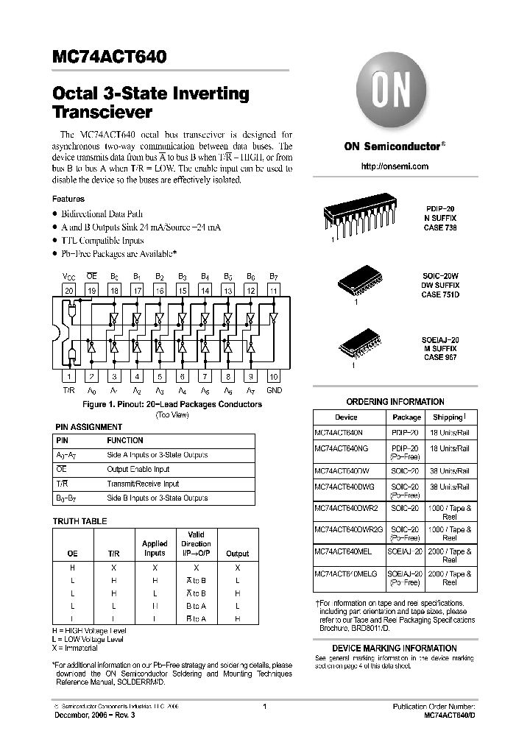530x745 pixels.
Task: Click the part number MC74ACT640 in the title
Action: tap(109, 57)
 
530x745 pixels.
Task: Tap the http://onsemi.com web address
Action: tap(395, 166)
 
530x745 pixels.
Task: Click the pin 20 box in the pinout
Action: tap(69, 291)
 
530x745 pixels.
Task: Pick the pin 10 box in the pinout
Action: tap(273, 376)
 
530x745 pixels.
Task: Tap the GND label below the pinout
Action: tap(274, 390)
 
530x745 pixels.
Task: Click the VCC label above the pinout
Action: tap(68, 276)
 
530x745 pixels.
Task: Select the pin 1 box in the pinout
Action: tap(69, 376)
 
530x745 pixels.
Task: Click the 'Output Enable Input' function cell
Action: tap(138, 470)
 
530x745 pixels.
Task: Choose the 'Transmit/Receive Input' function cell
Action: tap(143, 484)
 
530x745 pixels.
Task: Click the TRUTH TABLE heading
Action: tap(79, 521)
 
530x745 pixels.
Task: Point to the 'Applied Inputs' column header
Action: tap(155, 548)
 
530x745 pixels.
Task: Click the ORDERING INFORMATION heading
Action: tap(395, 402)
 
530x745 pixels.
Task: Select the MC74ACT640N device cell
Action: tap(339, 434)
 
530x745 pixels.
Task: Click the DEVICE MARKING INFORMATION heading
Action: tap(395, 648)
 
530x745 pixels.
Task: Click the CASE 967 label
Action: tap(440, 358)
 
